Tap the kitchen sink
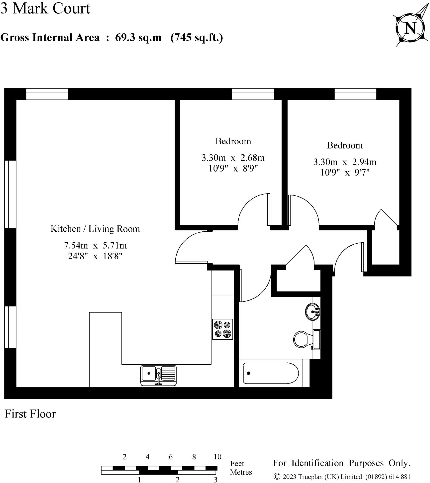(x=158, y=375)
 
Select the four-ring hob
(x=223, y=329)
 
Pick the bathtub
(x=271, y=373)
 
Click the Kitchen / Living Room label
(x=95, y=229)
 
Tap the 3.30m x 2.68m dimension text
(x=233, y=158)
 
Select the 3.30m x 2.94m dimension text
(x=344, y=162)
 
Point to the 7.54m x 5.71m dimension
(x=95, y=245)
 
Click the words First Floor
(x=30, y=414)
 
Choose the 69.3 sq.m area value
(x=138, y=38)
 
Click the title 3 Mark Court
(x=45, y=8)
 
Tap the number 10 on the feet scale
(x=217, y=457)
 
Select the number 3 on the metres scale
(x=215, y=480)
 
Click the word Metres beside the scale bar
(x=241, y=472)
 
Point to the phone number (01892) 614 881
(x=388, y=477)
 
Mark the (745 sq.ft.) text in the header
(x=197, y=38)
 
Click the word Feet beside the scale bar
(x=237, y=464)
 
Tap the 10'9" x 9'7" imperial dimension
(x=344, y=172)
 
